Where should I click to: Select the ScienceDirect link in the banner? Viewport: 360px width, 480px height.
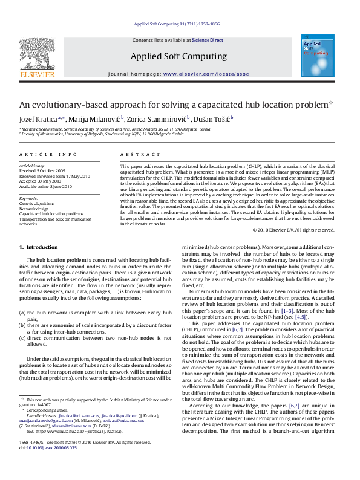tap(208, 40)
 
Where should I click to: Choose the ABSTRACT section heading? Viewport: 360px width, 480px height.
tap(135, 155)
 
